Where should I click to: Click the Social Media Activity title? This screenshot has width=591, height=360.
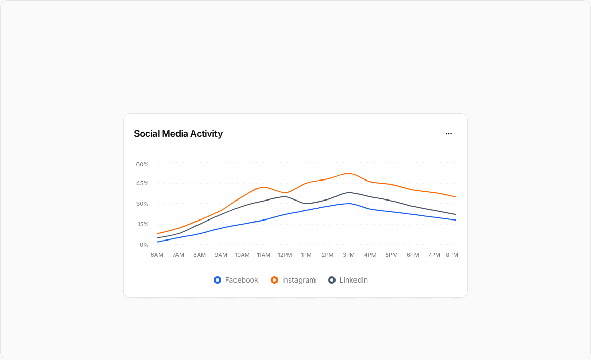click(178, 134)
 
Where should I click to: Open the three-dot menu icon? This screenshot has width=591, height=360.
click(449, 134)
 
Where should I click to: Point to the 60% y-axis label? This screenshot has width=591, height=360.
click(142, 164)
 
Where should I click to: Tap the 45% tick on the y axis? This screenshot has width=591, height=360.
click(142, 183)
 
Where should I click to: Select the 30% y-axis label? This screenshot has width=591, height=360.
click(142, 204)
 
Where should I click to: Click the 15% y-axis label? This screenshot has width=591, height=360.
click(142, 224)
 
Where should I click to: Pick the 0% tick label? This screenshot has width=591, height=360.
click(144, 245)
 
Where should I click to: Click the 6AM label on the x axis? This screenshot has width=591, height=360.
click(157, 255)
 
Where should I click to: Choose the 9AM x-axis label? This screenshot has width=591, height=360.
click(221, 255)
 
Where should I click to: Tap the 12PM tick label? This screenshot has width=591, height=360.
click(285, 255)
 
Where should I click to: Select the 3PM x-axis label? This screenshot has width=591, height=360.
click(349, 255)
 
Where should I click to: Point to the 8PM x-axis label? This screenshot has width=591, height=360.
click(451, 255)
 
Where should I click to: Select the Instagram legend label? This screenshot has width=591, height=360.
click(299, 280)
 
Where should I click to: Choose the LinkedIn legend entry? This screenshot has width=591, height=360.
click(353, 280)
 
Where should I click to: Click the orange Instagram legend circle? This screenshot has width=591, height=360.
click(274, 280)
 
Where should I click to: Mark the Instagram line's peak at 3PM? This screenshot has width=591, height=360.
click(349, 173)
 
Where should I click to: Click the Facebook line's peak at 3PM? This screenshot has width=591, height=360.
click(349, 204)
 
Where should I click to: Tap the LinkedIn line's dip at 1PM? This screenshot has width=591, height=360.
click(306, 204)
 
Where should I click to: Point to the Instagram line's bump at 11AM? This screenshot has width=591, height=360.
click(264, 187)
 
